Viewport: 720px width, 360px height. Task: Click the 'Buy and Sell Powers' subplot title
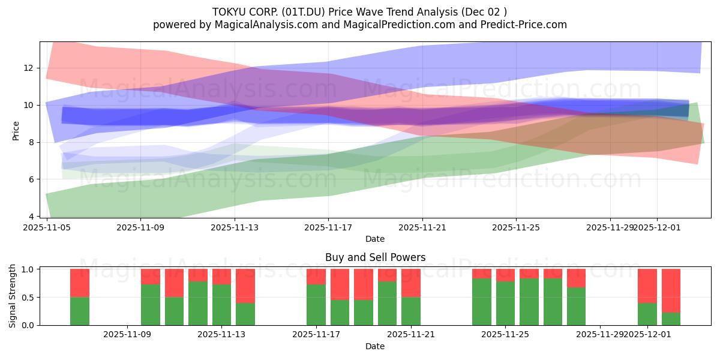375,257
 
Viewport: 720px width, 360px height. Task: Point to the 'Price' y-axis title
16,130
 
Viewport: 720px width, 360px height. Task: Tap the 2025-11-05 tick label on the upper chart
46,227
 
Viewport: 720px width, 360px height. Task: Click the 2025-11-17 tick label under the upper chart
328,227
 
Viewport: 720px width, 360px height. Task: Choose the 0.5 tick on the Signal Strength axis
28,297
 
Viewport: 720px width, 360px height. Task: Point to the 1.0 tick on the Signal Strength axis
28,269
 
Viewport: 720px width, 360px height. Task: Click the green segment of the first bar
80,311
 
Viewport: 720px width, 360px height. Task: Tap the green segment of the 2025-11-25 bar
505,303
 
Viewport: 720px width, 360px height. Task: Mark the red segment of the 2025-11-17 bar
316,276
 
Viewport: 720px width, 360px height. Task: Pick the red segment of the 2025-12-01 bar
647,286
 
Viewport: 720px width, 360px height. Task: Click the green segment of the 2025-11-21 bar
411,311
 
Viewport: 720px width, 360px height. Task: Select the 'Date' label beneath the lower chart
375,346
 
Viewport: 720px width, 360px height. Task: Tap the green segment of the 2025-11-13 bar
221,304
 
